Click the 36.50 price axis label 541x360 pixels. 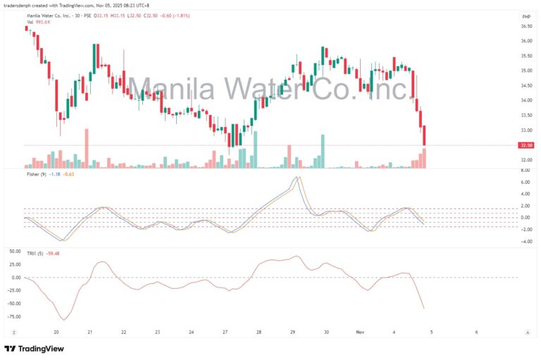click(526, 26)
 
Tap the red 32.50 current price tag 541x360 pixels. click(525, 145)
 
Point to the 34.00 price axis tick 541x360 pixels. click(526, 101)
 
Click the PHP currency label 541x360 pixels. click(526, 15)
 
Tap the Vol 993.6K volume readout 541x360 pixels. click(38, 22)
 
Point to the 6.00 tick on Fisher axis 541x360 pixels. click(526, 182)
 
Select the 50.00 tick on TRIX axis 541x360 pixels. click(526, 251)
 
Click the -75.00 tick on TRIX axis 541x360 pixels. click(526, 317)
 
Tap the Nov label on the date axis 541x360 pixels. click(360, 331)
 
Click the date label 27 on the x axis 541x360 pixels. click(225, 331)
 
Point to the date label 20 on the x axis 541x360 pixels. click(56, 331)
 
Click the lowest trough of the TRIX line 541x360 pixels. click(64, 320)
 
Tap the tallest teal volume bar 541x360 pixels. click(323, 151)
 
